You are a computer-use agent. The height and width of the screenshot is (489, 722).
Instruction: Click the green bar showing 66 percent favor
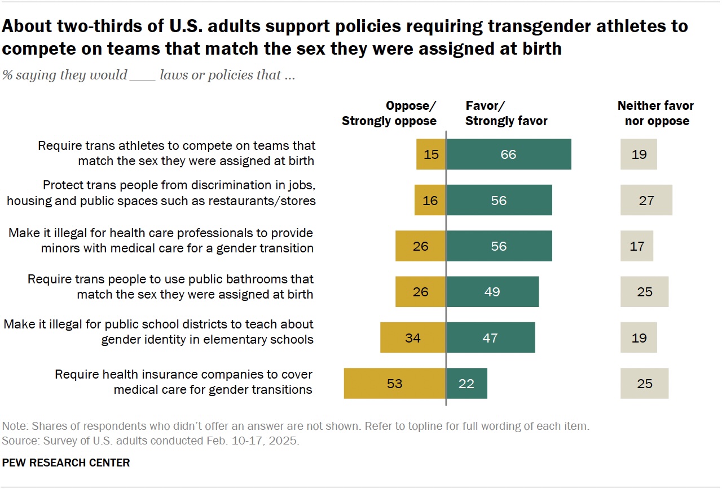[508, 154]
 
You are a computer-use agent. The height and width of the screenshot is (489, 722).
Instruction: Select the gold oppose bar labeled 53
[395, 384]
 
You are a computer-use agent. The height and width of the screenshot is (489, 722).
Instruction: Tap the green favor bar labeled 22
[466, 384]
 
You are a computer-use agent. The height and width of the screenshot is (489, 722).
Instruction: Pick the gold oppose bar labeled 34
[413, 338]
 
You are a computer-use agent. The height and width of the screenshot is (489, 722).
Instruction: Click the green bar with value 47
[490, 338]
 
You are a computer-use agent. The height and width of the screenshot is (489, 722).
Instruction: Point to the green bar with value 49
[492, 292]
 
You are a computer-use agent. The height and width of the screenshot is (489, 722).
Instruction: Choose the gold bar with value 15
[431, 154]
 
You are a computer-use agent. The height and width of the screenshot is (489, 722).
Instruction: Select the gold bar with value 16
[430, 200]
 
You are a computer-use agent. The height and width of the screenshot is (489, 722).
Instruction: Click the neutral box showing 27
[646, 200]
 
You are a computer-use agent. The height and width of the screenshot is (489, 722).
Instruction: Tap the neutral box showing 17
[637, 246]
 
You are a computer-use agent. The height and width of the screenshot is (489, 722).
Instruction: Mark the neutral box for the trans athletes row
[639, 154]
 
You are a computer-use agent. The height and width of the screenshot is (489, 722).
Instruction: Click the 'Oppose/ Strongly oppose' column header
[389, 113]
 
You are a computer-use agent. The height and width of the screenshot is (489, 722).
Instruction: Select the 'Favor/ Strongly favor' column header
[506, 113]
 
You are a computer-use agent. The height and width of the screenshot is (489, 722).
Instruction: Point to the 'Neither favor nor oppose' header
[655, 113]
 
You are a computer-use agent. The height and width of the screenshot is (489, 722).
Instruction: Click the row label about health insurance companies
[183, 382]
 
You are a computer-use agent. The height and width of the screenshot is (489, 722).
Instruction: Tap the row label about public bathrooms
[170, 286]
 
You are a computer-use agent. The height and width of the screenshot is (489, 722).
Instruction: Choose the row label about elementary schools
[159, 332]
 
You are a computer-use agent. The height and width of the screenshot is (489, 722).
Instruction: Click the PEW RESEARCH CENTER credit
[66, 463]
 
